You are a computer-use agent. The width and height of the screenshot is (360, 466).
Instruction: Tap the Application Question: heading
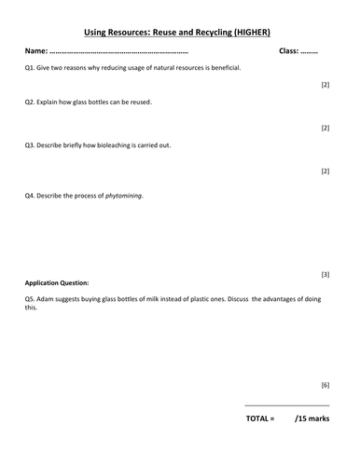click(x=57, y=282)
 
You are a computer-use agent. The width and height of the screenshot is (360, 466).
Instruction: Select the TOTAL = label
click(x=260, y=419)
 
